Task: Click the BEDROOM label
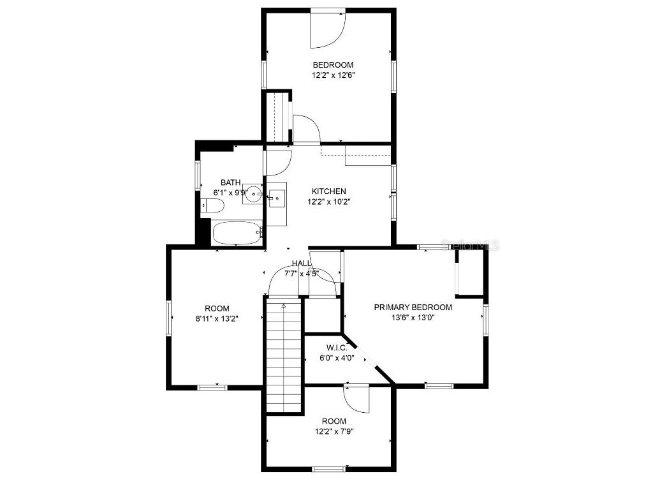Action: [x=333, y=65]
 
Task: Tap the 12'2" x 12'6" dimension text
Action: [x=333, y=75]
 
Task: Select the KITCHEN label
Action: [x=329, y=191]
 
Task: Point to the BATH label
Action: [x=231, y=182]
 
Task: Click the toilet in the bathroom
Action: [x=212, y=206]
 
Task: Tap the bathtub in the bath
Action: [x=237, y=233]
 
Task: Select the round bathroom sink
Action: [x=253, y=195]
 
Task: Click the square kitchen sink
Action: [x=277, y=198]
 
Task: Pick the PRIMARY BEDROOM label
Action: [x=413, y=308]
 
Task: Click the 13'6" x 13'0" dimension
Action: [x=413, y=318]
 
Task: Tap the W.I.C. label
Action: [x=337, y=348]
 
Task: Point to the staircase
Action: [x=284, y=356]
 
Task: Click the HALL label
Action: [x=302, y=264]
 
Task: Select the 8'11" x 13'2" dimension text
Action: [x=217, y=319]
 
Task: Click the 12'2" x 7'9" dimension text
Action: [x=334, y=431]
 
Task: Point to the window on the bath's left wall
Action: [x=198, y=175]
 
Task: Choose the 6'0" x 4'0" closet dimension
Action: [x=337, y=357]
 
